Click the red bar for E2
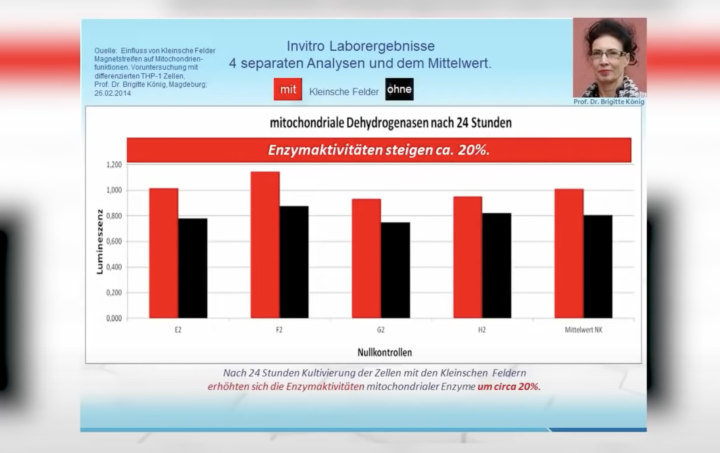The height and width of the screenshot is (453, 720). coord(164,253)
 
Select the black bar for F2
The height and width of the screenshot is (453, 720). coord(294,262)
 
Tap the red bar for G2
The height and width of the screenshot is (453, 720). coord(366,258)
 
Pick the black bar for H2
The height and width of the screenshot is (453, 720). coord(497,265)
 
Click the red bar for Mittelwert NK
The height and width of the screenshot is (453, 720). coord(569,253)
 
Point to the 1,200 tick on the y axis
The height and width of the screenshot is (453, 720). coord(114,165)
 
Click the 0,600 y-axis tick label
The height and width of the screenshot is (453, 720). coord(114,241)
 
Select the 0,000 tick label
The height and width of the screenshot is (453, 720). coord(114,318)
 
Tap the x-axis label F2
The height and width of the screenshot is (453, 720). coord(279,330)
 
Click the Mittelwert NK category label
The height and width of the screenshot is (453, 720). coord(583,330)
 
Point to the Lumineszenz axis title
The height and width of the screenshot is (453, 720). coord(100,241)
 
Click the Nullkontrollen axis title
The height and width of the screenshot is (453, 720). coord(385,352)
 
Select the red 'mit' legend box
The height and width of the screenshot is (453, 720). coord(288,89)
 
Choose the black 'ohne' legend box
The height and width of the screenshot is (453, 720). coord(399,89)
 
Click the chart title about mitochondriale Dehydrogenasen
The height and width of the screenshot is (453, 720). coord(391,123)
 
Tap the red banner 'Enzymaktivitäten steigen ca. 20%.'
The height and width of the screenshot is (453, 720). coord(379,150)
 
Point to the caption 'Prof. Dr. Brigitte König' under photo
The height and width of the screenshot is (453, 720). coord(609,102)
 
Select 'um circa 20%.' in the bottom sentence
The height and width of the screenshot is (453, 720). coord(509,386)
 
